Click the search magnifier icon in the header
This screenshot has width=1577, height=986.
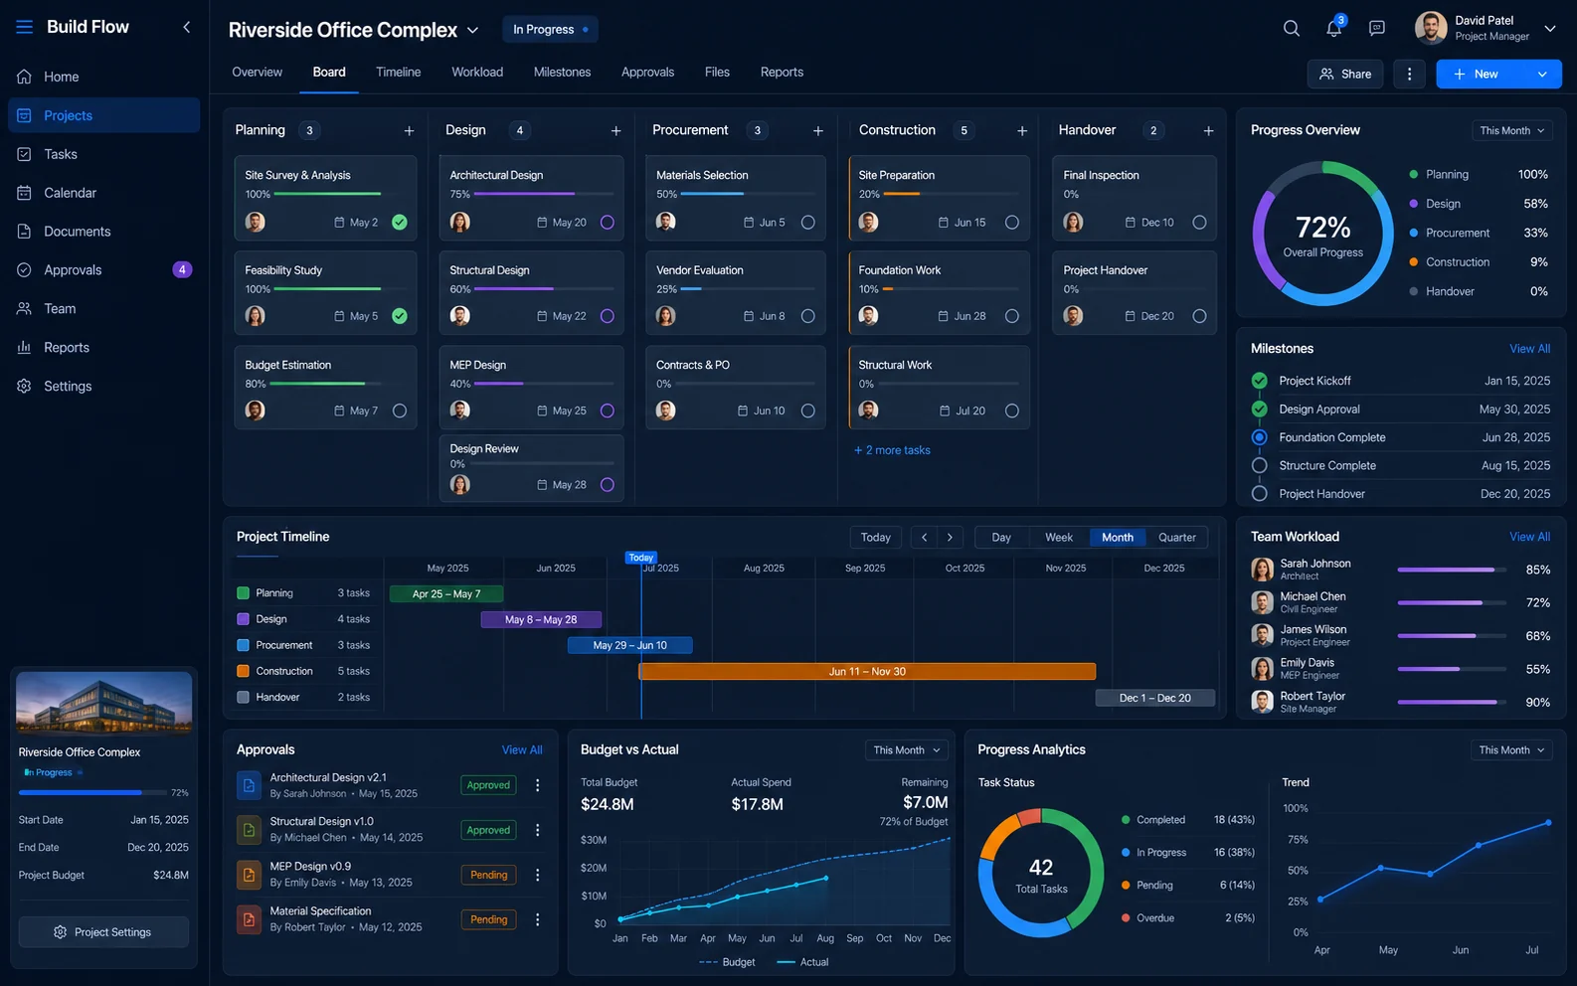pyautogui.click(x=1292, y=28)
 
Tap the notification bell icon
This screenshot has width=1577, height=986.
pyautogui.click(x=1333, y=28)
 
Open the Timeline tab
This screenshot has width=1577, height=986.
pyautogui.click(x=398, y=72)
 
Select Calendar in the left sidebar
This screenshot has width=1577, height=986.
pyautogui.click(x=70, y=192)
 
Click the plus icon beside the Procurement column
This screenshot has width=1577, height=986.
pyautogui.click(x=817, y=131)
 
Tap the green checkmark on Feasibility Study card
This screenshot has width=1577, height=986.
pyautogui.click(x=399, y=316)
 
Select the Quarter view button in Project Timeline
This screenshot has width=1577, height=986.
pyautogui.click(x=1176, y=537)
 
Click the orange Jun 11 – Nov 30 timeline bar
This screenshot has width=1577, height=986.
pyautogui.click(x=867, y=671)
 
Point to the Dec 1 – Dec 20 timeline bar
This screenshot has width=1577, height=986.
pyautogui.click(x=1154, y=698)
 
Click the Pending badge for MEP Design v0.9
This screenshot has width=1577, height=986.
pyautogui.click(x=488, y=875)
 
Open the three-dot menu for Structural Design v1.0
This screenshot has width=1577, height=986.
pyautogui.click(x=537, y=830)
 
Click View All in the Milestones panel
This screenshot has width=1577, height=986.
pyautogui.click(x=1529, y=348)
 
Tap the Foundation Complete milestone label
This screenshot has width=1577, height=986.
pyautogui.click(x=1332, y=437)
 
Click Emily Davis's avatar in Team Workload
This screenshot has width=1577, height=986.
pyautogui.click(x=1262, y=668)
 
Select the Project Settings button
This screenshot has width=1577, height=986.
pyautogui.click(x=103, y=931)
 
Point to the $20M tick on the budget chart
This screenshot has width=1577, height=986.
pyautogui.click(x=594, y=868)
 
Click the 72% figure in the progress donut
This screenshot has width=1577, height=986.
pyautogui.click(x=1322, y=228)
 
